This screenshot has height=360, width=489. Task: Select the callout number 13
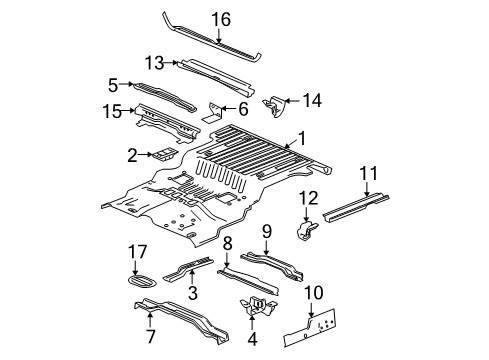pos(154,61)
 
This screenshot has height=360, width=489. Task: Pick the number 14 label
pos(313,99)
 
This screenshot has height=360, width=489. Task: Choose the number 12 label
pos(310,196)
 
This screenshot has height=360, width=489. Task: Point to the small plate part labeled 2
pos(161,154)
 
